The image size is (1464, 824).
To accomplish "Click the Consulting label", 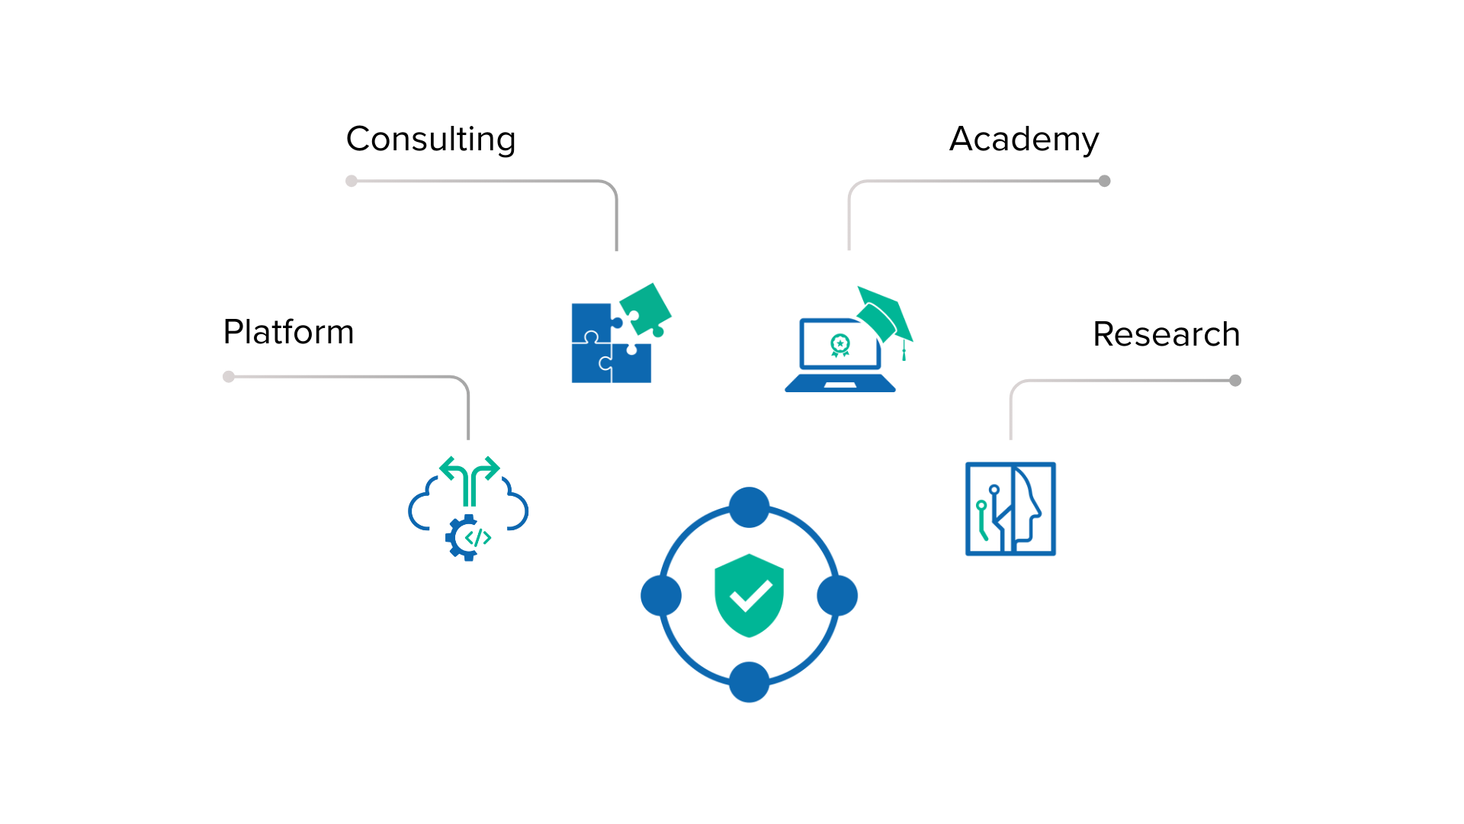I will click(x=431, y=140).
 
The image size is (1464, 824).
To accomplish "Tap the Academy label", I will click(x=1024, y=140).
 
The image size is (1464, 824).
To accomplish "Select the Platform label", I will click(x=288, y=333).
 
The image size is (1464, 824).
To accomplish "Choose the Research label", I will click(x=1166, y=335).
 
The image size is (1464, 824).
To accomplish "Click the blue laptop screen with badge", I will click(x=840, y=346).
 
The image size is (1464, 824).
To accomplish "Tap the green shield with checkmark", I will click(x=749, y=595).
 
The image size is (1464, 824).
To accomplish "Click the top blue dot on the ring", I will click(x=749, y=507).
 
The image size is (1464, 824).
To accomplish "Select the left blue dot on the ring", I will click(x=661, y=595).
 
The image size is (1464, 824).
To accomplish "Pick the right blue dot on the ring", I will click(x=837, y=595).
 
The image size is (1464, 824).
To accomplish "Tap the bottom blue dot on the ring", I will click(x=749, y=682).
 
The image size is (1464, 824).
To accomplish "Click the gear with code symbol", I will click(x=467, y=538).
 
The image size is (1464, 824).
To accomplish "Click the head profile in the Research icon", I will click(x=1026, y=507).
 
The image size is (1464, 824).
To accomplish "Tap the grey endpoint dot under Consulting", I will click(x=352, y=181).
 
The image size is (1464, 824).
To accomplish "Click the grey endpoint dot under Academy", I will click(x=1104, y=181).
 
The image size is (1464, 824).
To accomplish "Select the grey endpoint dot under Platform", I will click(x=229, y=376).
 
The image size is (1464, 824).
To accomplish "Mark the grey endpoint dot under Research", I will click(x=1235, y=380).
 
